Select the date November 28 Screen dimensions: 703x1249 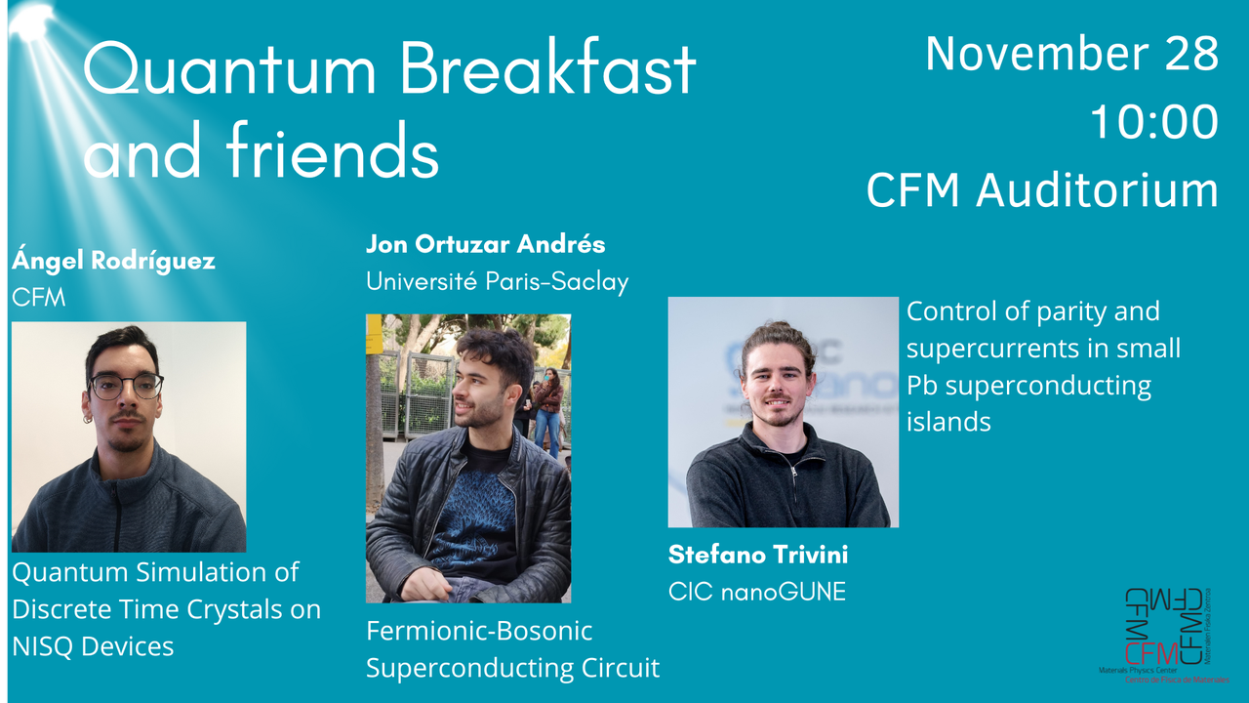tap(1071, 53)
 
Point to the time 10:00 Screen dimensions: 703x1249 tap(1153, 122)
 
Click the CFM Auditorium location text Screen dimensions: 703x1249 tap(1041, 190)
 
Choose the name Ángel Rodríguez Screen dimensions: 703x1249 tap(113, 262)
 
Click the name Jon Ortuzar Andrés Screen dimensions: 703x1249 tap(485, 244)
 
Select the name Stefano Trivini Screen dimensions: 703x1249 tap(757, 556)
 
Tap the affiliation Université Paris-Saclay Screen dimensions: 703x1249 tap(497, 282)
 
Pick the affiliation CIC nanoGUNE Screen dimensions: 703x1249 tap(756, 591)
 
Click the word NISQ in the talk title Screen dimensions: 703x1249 tap(50, 645)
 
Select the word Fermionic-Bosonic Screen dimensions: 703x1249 tap(479, 631)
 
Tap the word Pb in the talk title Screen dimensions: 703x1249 tap(923, 386)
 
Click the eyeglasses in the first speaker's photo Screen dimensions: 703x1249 tap(126, 387)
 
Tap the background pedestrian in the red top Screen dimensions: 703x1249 tap(550, 400)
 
